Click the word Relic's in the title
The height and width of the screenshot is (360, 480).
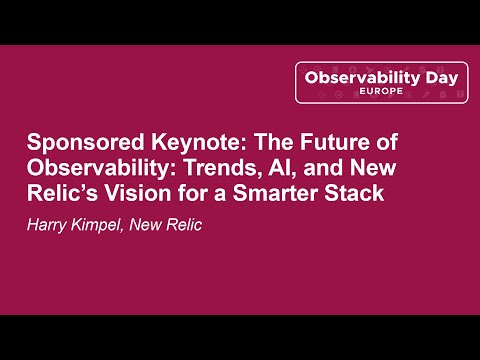pyautogui.click(x=58, y=193)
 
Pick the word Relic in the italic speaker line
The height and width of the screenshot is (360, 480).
pyautogui.click(x=182, y=224)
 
